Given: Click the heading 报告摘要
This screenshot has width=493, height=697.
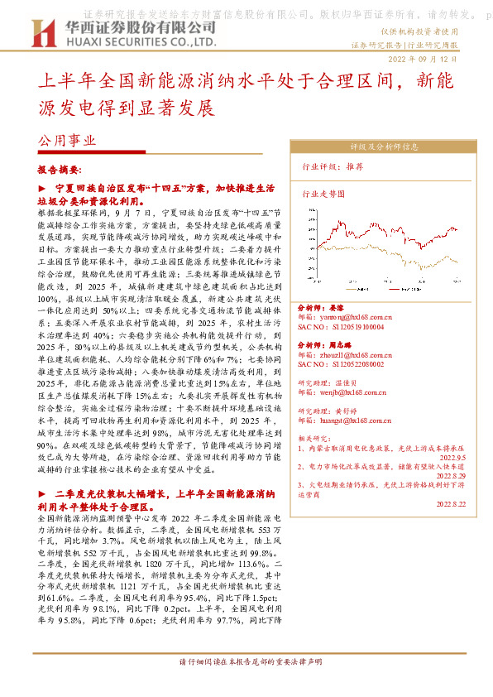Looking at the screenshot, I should [x=59, y=169].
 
